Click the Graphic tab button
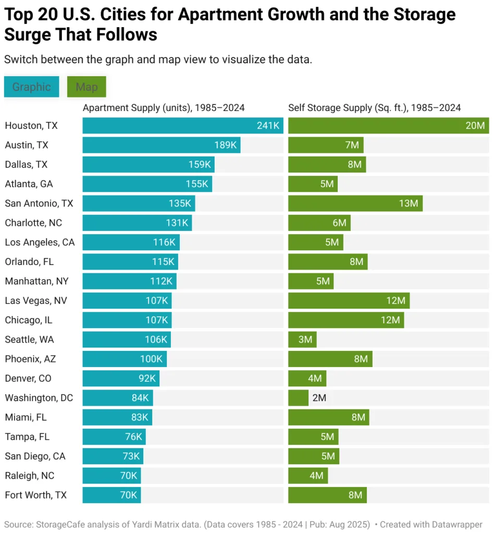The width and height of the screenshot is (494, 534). (31, 87)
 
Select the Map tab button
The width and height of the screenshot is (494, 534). (87, 87)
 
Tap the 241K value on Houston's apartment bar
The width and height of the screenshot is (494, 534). (268, 126)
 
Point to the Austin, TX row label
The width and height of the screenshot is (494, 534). (27, 145)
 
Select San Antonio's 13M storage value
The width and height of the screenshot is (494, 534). (409, 203)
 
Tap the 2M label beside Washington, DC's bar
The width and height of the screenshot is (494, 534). (319, 398)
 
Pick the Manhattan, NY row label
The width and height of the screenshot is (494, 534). (36, 281)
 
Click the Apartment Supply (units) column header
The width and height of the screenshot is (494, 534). (164, 108)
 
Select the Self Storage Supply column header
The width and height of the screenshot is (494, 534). (374, 108)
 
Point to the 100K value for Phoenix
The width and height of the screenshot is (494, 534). (151, 359)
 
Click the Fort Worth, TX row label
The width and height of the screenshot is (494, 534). (36, 495)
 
